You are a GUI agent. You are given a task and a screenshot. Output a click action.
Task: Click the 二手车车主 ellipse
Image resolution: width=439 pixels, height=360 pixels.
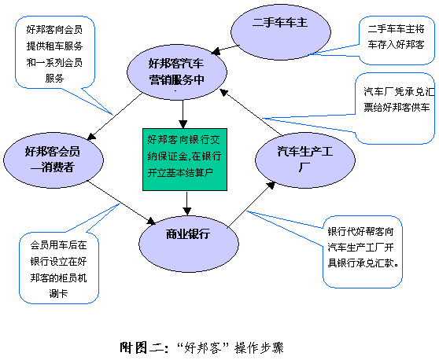281,32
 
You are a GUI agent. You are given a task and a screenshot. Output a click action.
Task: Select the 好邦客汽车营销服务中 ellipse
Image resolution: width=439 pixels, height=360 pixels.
177,72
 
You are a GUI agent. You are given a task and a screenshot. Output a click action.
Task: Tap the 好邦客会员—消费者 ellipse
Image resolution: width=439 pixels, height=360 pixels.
53,160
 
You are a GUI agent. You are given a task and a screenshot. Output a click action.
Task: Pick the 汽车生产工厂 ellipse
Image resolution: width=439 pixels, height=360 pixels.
305,160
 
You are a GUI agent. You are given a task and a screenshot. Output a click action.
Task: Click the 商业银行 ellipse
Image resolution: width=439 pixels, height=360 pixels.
189,244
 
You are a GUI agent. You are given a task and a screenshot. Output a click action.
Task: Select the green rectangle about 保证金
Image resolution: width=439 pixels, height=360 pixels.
185,160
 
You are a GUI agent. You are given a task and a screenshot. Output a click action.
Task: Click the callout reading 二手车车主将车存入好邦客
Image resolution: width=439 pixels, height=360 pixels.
397,41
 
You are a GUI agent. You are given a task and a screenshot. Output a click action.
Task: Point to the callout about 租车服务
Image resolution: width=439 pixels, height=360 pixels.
55,53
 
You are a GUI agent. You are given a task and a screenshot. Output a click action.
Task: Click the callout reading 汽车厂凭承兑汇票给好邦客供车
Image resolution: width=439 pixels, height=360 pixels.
395,108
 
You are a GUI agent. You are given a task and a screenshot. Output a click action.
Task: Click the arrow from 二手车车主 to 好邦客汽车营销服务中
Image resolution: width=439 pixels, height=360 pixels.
225,50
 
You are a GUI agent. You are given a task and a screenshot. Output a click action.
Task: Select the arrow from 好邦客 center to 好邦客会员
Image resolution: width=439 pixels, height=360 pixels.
115,116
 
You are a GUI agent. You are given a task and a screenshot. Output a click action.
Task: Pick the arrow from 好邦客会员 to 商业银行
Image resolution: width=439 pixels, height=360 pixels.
122,203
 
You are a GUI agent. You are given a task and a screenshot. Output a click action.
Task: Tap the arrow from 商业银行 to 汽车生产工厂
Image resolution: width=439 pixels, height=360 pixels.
252,204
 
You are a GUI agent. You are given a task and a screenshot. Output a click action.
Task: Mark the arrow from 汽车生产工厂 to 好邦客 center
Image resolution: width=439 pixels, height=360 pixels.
251,112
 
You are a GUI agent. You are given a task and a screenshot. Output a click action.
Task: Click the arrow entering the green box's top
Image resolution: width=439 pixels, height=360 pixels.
183,114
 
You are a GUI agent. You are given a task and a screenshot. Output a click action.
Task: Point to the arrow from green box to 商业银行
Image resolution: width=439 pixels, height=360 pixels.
187,203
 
